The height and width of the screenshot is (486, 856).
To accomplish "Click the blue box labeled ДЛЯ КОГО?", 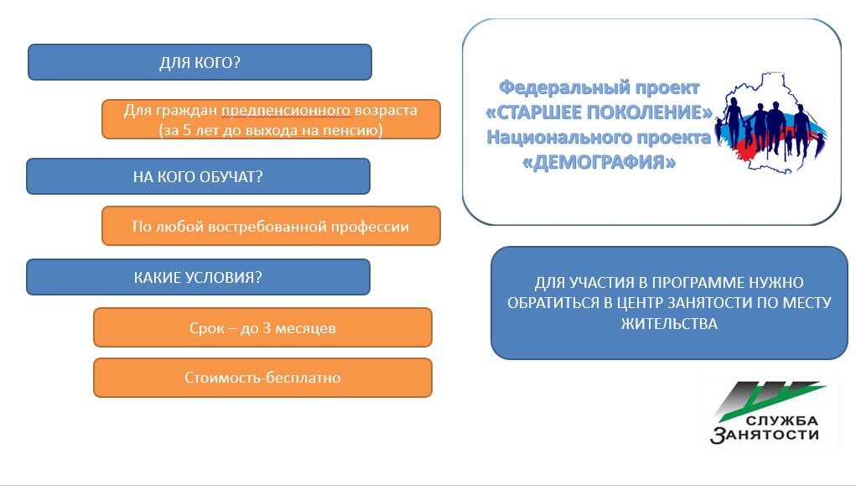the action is pyautogui.click(x=200, y=62).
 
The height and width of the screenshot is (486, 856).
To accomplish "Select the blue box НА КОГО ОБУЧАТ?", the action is pyautogui.click(x=198, y=176).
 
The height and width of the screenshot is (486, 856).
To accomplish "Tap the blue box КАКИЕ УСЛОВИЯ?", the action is pyautogui.click(x=198, y=277).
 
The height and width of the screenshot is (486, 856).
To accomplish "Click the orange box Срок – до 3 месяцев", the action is pyautogui.click(x=262, y=327).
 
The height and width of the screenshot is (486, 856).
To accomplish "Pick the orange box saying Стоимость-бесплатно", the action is pyautogui.click(x=262, y=378).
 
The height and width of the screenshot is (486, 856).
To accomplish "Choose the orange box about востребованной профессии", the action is pyautogui.click(x=271, y=226).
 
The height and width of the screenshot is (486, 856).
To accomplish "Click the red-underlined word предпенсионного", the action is pyautogui.click(x=286, y=111).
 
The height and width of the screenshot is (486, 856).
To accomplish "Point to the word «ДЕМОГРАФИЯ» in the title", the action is pyautogui.click(x=599, y=162).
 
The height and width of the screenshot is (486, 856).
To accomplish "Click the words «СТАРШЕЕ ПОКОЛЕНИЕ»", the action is pyautogui.click(x=599, y=112).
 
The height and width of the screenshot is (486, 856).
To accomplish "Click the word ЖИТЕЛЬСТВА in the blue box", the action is pyautogui.click(x=669, y=324).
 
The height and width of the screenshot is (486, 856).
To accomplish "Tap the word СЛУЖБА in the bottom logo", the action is pyautogui.click(x=781, y=421).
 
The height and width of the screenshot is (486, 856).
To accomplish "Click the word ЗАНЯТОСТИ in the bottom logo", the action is pyautogui.click(x=765, y=435).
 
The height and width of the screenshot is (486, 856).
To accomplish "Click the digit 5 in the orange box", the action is pyautogui.click(x=187, y=131).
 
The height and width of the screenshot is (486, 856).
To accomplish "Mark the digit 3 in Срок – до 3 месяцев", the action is pyautogui.click(x=267, y=328).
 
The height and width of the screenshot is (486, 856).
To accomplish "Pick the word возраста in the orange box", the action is pyautogui.click(x=386, y=111).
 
